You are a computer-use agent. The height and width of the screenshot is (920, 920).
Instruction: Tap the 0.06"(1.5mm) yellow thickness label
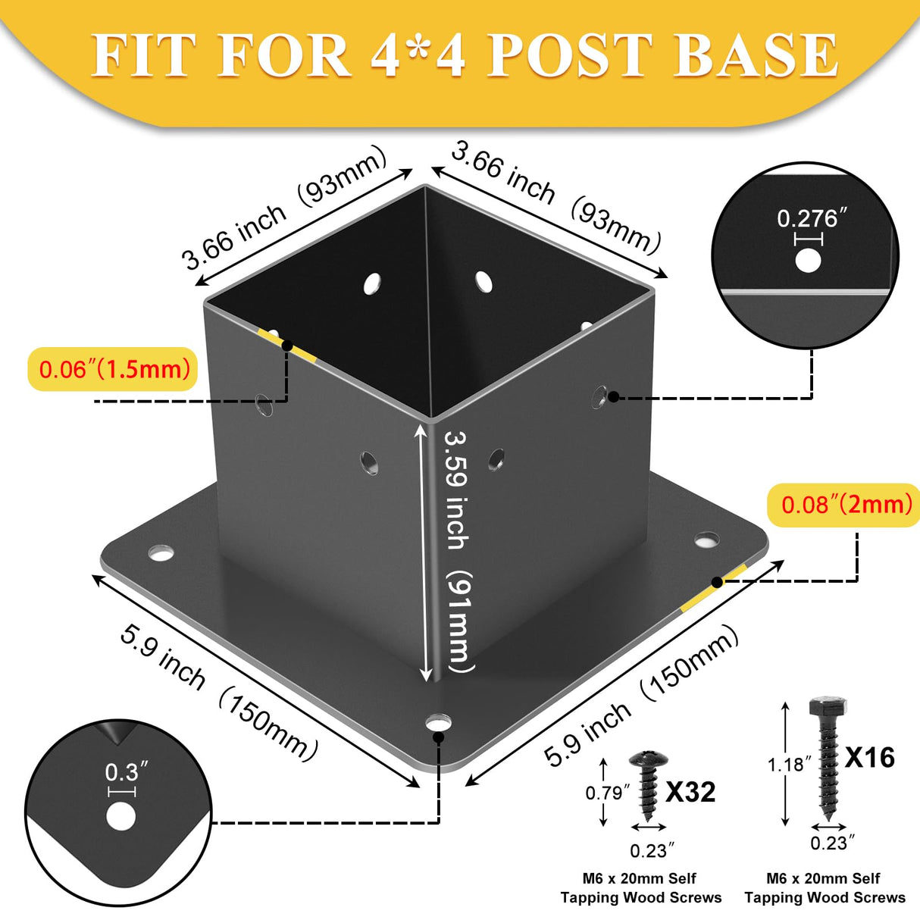tap(114, 369)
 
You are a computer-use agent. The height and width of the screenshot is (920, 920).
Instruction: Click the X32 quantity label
tap(690, 792)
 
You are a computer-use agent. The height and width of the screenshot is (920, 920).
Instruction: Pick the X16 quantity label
tap(870, 757)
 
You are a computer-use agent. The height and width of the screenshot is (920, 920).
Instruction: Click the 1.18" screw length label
tap(785, 765)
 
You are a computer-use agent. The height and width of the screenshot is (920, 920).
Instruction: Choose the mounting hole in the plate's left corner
tap(161, 552)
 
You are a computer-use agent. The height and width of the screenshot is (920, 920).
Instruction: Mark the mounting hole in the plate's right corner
tap(707, 540)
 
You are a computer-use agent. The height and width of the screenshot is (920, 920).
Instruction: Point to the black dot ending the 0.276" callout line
tap(614, 396)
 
